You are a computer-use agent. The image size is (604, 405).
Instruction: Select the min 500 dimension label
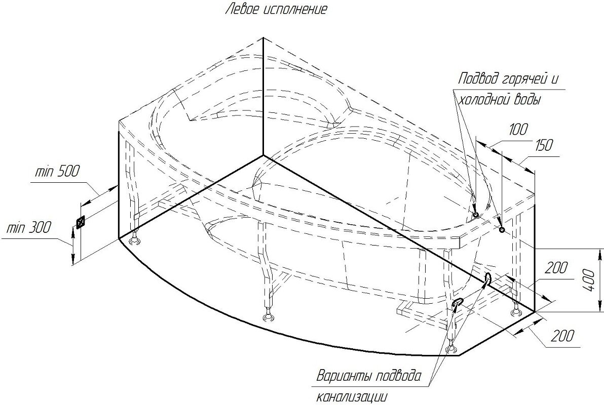click(x=57, y=171)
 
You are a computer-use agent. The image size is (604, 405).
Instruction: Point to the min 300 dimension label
click(x=28, y=228)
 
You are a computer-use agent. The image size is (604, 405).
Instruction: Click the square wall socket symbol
click(x=80, y=223)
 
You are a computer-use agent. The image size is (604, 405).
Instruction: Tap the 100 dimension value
click(x=518, y=130)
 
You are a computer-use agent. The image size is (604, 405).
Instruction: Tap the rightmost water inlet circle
click(x=502, y=230)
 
